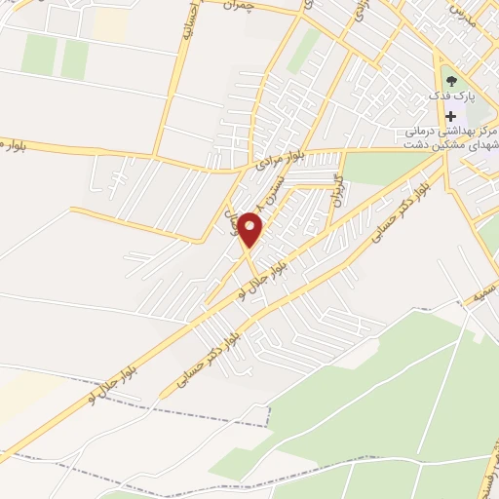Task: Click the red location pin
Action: point(250,229)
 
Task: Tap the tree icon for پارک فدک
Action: point(450,81)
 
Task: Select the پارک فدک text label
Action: point(451,98)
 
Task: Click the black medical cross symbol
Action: point(450,115)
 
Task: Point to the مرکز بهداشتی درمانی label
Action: point(452,131)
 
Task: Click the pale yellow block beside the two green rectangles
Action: point(107,24)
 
